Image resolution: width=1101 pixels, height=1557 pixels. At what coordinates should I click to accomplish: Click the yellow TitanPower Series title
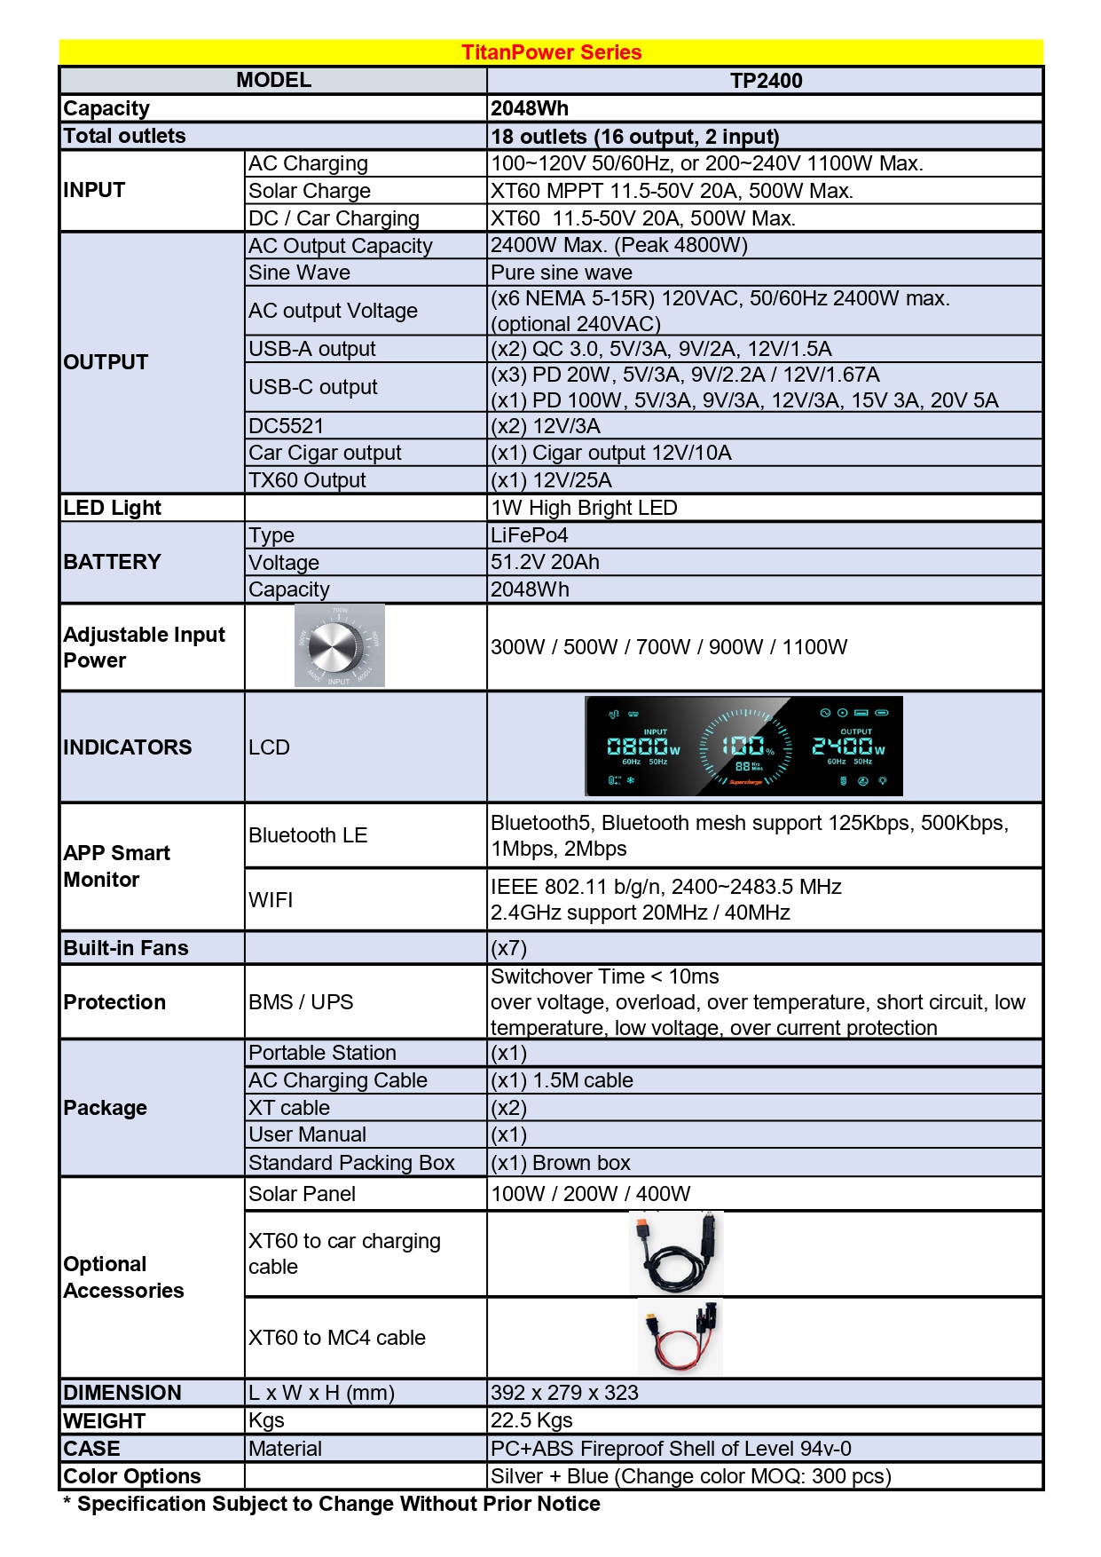coord(551,52)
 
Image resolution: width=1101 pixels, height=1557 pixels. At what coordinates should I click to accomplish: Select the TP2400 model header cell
coord(766,81)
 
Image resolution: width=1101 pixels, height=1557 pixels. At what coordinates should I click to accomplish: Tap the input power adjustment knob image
coord(340,646)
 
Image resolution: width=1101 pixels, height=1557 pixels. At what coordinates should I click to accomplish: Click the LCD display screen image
coord(743,746)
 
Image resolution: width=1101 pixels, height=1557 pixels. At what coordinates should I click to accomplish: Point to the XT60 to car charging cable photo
coord(677,1253)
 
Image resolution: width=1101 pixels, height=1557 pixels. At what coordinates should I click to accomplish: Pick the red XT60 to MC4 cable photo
coord(680,1337)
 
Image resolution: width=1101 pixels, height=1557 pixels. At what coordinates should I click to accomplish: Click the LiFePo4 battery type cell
coord(530,535)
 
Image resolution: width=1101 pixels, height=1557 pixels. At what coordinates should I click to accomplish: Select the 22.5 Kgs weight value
coord(532,1420)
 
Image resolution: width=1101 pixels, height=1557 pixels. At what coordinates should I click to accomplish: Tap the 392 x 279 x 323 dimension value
coord(565,1393)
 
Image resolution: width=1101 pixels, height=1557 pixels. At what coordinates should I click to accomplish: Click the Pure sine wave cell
coord(562,273)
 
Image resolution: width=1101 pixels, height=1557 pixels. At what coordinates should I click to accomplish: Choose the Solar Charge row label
coord(310,191)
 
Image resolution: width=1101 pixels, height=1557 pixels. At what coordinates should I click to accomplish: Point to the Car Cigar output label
coord(325,453)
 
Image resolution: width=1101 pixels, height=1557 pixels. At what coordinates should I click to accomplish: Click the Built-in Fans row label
coord(126,948)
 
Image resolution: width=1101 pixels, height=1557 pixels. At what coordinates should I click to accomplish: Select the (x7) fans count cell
coord(509,948)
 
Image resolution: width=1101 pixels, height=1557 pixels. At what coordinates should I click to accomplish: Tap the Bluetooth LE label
coord(308,835)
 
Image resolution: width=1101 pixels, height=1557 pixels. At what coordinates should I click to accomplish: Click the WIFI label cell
coord(271,900)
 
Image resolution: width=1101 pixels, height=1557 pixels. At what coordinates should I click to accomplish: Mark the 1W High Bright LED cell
coord(584,508)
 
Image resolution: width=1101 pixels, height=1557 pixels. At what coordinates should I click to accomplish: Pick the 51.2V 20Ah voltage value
coord(545,562)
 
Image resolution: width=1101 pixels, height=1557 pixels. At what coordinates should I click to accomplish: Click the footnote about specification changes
coord(332,1504)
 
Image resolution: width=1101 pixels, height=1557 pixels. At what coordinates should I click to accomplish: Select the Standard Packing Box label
coord(351,1163)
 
